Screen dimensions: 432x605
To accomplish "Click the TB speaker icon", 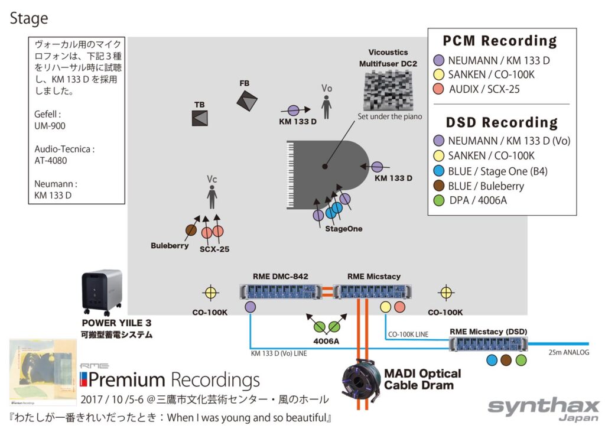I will pos(200,118).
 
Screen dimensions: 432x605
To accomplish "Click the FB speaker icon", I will pos(248,100).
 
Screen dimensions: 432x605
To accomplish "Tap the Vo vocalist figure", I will pos(326,106).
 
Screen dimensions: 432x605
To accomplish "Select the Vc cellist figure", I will pos(212,197).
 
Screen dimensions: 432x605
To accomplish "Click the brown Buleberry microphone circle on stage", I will pos(191,230).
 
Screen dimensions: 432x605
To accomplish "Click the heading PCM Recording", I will pos(500,41).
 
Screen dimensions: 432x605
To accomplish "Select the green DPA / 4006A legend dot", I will pos(438,200).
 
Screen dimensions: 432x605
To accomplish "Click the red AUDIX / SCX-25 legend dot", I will pos(438,89).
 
